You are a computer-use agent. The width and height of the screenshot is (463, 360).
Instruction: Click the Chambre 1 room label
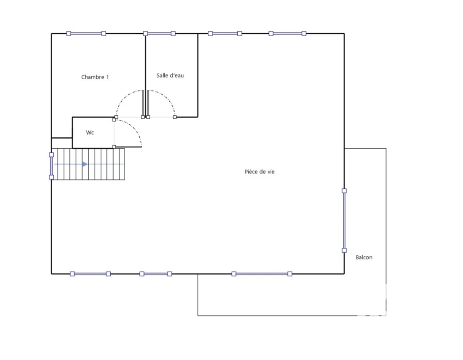pyautogui.click(x=95, y=77)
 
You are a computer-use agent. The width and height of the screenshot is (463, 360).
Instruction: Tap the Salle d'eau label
pyautogui.click(x=170, y=75)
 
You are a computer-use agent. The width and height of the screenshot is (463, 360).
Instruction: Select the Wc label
pyautogui.click(x=90, y=133)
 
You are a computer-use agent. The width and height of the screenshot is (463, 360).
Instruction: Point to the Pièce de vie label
pyautogui.click(x=259, y=172)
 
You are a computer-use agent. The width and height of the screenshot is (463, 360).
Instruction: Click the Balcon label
pyautogui.click(x=364, y=257)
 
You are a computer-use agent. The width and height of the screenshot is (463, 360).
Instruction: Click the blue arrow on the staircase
pyautogui.click(x=85, y=164)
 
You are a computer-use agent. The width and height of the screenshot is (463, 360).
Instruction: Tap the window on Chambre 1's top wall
pyautogui.click(x=86, y=34)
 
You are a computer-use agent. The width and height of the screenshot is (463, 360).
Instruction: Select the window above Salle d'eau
pyautogui.click(x=159, y=34)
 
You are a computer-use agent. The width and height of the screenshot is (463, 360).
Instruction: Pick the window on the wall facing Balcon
pyautogui.click(x=344, y=221)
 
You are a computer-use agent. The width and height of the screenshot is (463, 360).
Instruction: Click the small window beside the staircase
pyautogui.click(x=52, y=166)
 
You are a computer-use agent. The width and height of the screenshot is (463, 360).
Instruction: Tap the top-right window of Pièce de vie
pyautogui.click(x=287, y=34)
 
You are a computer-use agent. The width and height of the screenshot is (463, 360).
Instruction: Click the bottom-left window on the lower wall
pyautogui.click(x=91, y=274)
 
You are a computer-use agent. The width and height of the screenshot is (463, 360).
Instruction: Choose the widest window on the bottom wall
pyautogui.click(x=262, y=274)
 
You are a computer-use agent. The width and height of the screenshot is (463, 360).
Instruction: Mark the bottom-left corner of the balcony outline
pyautogui.click(x=198, y=316)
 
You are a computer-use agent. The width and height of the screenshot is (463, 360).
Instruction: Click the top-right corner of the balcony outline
pyautogui.click(x=386, y=149)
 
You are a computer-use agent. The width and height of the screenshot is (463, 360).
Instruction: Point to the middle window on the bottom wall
pyautogui.click(x=156, y=274)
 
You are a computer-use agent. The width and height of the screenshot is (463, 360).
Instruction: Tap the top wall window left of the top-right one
pyautogui.click(x=225, y=34)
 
